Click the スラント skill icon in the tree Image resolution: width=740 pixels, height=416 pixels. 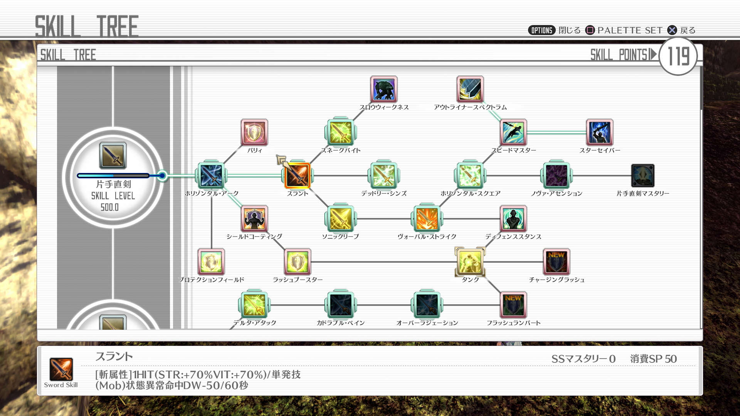[298, 176]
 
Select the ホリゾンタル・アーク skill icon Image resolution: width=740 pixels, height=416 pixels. [211, 176]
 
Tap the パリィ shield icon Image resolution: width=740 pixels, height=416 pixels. [254, 132]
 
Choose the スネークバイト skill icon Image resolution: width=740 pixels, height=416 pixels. [341, 132]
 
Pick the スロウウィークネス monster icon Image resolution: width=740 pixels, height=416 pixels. [384, 89]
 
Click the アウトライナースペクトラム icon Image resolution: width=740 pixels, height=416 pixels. [470, 89]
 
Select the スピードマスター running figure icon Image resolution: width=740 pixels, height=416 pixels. [513, 132]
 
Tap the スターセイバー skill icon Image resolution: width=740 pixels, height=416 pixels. [600, 132]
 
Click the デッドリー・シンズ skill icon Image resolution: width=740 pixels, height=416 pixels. [384, 176]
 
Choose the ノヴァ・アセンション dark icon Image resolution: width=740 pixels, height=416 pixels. [557, 176]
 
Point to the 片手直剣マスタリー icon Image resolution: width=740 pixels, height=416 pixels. [643, 176]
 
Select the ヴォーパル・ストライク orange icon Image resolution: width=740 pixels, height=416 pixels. [427, 219]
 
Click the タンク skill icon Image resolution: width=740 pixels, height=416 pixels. [470, 262]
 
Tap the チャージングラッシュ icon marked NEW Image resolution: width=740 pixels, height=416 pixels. [557, 262]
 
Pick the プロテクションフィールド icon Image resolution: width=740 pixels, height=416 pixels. [211, 262]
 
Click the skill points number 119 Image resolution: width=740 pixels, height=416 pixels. [678, 56]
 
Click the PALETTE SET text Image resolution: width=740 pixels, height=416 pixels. [630, 30]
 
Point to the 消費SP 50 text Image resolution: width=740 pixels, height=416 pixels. [654, 359]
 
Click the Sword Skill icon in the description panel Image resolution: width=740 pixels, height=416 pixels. [61, 369]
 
